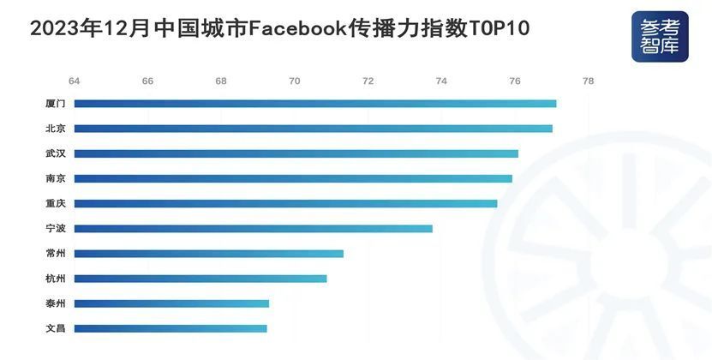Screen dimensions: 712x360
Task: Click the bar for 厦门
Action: click(x=315, y=104)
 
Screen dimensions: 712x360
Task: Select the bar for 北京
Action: click(x=314, y=129)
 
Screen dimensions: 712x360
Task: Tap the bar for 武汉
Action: click(x=296, y=153)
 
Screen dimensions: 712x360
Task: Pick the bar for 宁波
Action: click(x=254, y=229)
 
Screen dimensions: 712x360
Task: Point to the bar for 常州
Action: click(x=209, y=254)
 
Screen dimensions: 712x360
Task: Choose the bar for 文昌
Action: click(x=171, y=328)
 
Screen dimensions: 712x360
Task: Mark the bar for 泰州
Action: click(x=171, y=303)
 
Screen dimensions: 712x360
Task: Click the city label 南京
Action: click(x=56, y=178)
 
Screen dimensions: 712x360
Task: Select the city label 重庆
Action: click(x=56, y=204)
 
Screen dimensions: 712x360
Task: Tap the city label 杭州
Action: click(x=56, y=279)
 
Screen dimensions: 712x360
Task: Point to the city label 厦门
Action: click(x=56, y=104)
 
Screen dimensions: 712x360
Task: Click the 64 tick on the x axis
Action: click(x=74, y=81)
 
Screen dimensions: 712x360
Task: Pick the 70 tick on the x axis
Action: click(x=294, y=81)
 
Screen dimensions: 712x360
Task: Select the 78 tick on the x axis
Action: click(x=588, y=81)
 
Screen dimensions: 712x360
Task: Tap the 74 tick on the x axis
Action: click(x=441, y=81)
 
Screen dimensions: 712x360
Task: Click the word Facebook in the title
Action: click(x=298, y=28)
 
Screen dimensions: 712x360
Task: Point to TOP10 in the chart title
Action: click(x=499, y=28)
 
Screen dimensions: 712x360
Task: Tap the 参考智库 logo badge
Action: click(x=660, y=37)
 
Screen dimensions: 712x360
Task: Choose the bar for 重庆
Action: click(x=285, y=204)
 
